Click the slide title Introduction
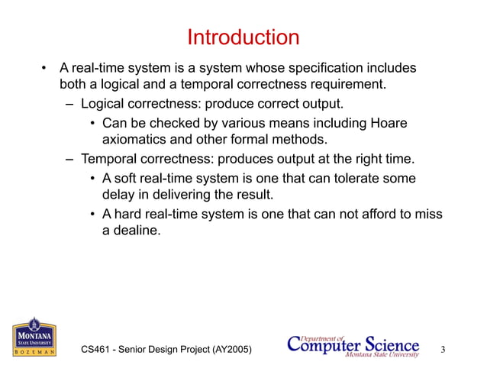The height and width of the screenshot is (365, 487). pyautogui.click(x=243, y=37)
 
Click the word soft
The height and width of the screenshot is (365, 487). pyautogui.click(x=127, y=177)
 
